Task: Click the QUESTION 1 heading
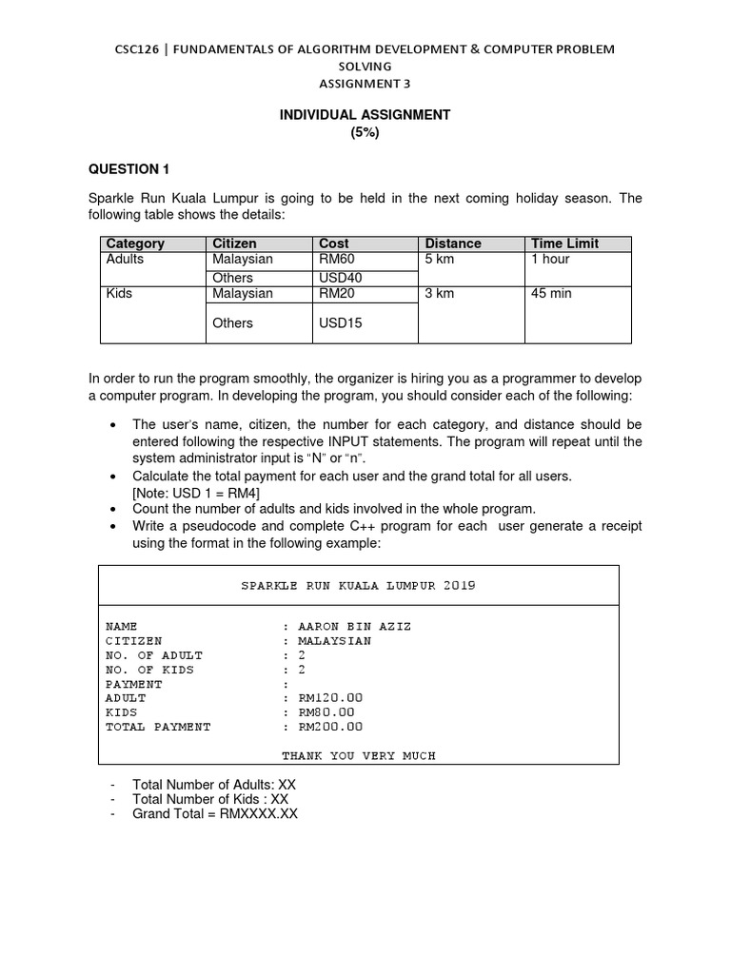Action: [128, 169]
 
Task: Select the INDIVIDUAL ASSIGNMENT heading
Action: [365, 115]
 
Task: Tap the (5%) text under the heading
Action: [365, 133]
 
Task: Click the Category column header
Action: [135, 243]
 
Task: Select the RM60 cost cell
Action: [337, 259]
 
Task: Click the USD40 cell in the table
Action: [341, 278]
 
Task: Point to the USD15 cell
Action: [341, 323]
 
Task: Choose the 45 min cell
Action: [551, 293]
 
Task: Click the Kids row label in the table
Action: [119, 293]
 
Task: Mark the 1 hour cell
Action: [549, 259]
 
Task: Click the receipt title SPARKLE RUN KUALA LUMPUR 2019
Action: [358, 586]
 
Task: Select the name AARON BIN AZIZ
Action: [355, 627]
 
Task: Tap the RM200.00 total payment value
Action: [330, 727]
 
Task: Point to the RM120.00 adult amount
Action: [330, 698]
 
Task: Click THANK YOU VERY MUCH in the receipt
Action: [358, 756]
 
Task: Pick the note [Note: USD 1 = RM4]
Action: [196, 493]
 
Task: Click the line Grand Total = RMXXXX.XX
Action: [215, 814]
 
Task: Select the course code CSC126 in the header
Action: [139, 49]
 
